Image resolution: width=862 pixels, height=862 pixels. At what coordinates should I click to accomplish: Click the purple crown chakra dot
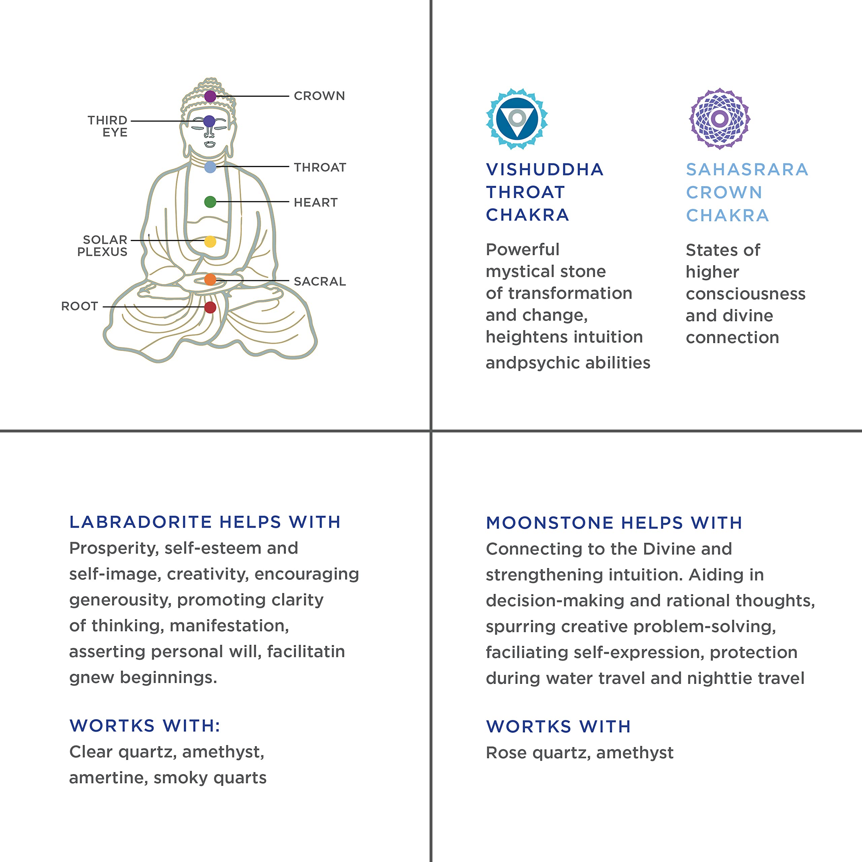tap(210, 96)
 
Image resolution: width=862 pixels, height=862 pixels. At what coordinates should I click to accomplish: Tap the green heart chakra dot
tap(210, 202)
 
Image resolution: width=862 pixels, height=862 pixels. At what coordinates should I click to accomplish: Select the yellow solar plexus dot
tap(210, 241)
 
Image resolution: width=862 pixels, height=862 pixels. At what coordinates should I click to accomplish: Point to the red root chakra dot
tap(210, 307)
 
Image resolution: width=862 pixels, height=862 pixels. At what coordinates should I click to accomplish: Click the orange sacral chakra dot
tap(210, 280)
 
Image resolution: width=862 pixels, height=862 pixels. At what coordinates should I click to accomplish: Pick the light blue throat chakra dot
tap(210, 167)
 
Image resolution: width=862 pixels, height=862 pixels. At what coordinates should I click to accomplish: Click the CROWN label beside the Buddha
tap(319, 96)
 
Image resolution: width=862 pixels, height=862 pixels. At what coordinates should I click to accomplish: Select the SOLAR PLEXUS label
tap(103, 246)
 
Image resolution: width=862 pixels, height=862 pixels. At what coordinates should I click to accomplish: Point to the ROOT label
tap(79, 306)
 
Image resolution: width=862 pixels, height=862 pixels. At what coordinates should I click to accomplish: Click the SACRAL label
tap(320, 281)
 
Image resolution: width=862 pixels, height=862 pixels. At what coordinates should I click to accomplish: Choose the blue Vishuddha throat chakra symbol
tap(517, 119)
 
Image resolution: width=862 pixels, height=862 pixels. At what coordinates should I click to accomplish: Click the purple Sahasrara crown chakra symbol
tap(719, 119)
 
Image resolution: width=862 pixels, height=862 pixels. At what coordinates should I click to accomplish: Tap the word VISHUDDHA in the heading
tap(544, 170)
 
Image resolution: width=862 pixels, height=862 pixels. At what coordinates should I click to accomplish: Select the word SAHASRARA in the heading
tap(747, 170)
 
